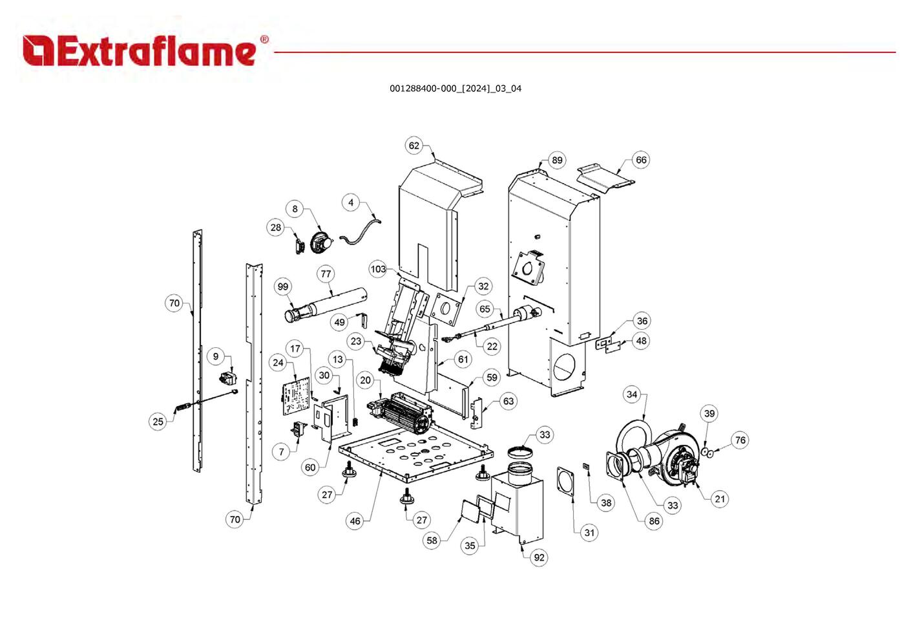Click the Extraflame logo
tap(145, 50)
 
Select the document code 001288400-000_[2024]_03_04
tap(455, 89)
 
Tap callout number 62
tap(414, 145)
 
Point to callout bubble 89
tap(557, 160)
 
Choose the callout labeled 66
tap(641, 160)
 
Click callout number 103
tap(378, 269)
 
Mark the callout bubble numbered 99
tap(283, 287)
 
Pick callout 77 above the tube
tap(326, 274)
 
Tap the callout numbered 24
tap(278, 363)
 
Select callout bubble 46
tap(355, 521)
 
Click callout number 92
tap(539, 557)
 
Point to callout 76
tap(740, 440)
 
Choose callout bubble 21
tap(720, 499)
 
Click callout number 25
tap(158, 422)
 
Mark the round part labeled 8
tap(320, 243)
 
